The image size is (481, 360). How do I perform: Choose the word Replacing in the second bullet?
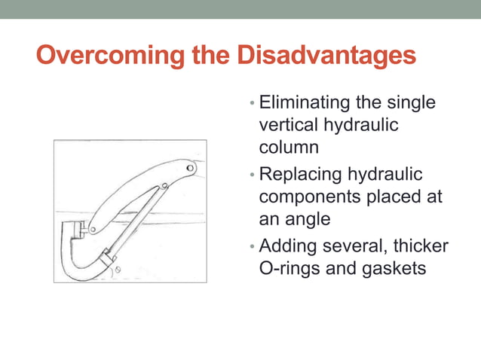[299, 175]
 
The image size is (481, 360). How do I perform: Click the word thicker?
[420, 246]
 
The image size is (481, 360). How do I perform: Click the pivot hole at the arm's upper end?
[189, 167]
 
